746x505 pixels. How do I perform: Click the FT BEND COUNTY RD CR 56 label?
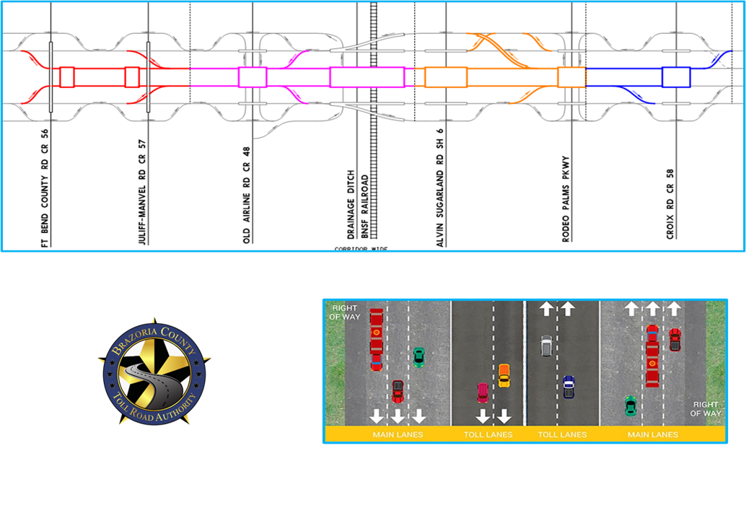(x=45, y=188)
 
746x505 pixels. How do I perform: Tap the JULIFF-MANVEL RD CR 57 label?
(x=142, y=192)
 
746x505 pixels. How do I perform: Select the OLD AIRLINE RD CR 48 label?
(x=247, y=196)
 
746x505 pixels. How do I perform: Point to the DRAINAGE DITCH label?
(x=351, y=204)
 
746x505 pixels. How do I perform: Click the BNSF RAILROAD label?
(x=364, y=206)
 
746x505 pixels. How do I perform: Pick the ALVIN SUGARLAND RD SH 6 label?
(x=440, y=188)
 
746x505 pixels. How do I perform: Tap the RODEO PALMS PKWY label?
(x=566, y=199)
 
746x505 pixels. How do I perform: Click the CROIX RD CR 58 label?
(x=670, y=204)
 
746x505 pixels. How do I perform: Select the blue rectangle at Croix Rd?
(x=676, y=77)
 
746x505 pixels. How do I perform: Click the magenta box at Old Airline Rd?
(x=253, y=77)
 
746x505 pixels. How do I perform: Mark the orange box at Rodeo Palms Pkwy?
(x=571, y=77)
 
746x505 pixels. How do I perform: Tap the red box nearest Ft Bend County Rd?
(x=67, y=77)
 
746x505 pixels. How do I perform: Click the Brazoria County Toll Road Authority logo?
(x=154, y=372)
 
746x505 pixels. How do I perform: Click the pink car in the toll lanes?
(x=483, y=392)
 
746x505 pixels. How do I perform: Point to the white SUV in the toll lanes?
(x=547, y=346)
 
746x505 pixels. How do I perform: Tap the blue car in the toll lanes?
(x=569, y=387)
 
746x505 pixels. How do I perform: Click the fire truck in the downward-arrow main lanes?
(x=377, y=340)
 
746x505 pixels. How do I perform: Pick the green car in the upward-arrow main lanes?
(x=631, y=405)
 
